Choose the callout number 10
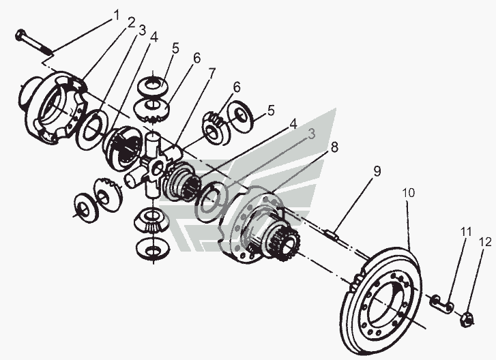[x=407, y=194]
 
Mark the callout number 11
[x=465, y=232]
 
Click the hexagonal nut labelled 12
[x=469, y=317]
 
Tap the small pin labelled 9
[x=332, y=234]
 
